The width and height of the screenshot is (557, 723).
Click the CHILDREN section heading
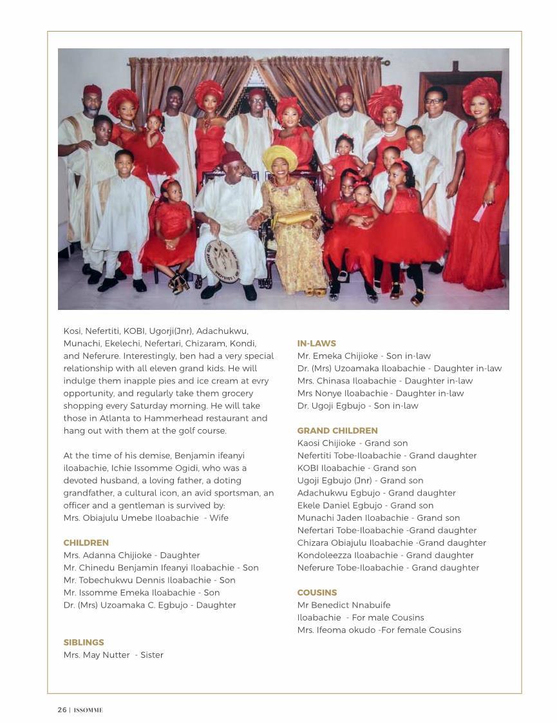click(86, 543)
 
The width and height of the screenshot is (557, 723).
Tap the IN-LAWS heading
click(316, 343)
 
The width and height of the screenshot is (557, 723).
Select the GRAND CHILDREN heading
click(337, 430)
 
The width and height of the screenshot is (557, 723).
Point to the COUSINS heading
click(317, 592)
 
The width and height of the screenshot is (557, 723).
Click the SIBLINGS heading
click(84, 642)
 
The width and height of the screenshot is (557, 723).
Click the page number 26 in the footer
click(62, 710)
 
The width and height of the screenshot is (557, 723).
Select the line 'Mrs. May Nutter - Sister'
click(113, 655)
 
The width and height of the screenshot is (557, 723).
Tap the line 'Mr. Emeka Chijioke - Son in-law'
click(364, 356)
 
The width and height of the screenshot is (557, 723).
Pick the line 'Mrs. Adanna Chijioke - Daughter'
click(131, 555)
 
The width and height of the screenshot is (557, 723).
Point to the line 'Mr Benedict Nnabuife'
click(344, 605)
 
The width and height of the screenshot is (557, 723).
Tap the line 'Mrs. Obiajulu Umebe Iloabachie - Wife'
click(146, 517)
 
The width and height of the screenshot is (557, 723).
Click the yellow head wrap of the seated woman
click(279, 157)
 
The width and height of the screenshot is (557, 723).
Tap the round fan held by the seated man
click(222, 260)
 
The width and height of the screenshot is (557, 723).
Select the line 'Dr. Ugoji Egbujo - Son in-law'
click(357, 405)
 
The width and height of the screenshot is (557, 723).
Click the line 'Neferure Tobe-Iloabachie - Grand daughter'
click(388, 568)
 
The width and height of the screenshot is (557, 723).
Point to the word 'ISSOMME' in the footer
click(88, 710)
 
